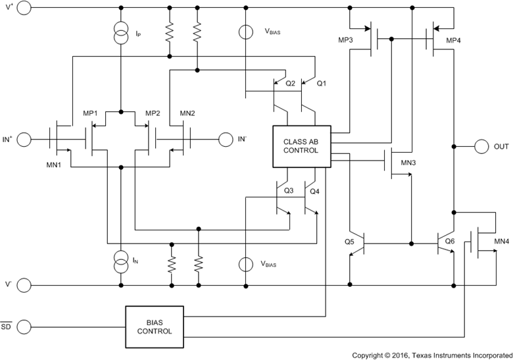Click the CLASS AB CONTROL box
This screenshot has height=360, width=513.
pos(300,145)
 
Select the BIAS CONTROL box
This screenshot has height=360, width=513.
pos(155,326)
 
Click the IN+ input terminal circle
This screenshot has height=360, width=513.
pos(23,139)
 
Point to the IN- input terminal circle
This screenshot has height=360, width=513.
pos(226,139)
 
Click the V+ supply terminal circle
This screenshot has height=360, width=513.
pos(23,9)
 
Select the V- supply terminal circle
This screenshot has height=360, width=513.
pos(23,285)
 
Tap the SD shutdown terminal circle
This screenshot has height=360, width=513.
pos(23,326)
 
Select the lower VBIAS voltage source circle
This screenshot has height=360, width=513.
pos(245,264)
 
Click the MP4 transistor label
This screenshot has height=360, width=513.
pos(454,41)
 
